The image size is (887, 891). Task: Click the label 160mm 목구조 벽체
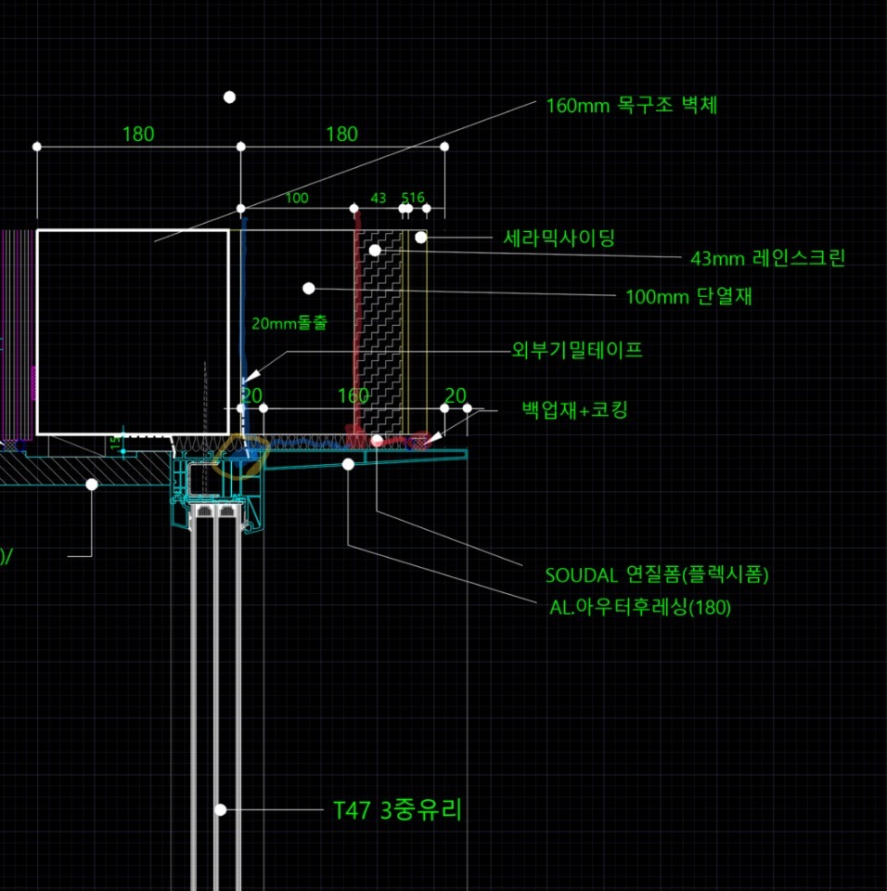[x=631, y=105]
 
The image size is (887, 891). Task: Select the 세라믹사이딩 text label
[x=559, y=239]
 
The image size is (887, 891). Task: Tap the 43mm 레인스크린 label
[x=767, y=258]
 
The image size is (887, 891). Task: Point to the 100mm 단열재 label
[x=696, y=297]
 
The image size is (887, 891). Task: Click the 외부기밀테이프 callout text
[x=577, y=351]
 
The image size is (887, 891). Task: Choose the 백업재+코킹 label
[x=575, y=409]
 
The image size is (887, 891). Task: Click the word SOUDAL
[x=581, y=575]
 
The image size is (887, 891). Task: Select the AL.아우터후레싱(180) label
[x=640, y=608]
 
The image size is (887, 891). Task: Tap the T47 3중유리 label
[x=397, y=810]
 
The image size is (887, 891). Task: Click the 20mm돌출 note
[x=289, y=323]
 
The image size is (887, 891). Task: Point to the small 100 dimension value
[x=297, y=198]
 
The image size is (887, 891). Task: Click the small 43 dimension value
[x=379, y=198]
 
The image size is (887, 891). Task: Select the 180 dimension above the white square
[x=138, y=134]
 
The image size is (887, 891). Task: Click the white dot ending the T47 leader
[x=221, y=809]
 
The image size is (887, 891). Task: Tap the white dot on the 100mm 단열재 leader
[x=309, y=289]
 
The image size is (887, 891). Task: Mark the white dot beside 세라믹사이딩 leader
[x=420, y=238]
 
